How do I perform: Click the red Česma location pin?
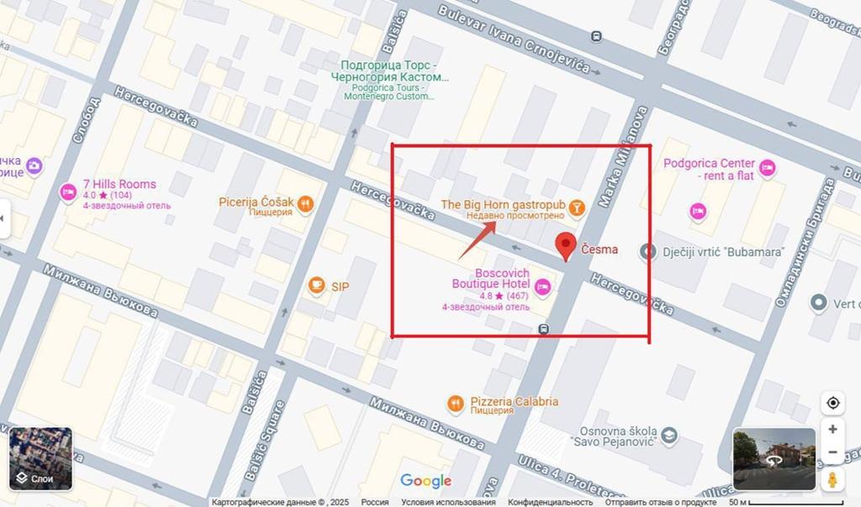pyautogui.click(x=568, y=246)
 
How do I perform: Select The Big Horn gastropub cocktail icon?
pyautogui.click(x=577, y=205)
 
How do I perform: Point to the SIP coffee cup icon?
pyautogui.click(x=316, y=286)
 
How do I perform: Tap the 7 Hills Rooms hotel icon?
pyautogui.click(x=68, y=193)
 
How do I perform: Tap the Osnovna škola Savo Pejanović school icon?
pyautogui.click(x=669, y=436)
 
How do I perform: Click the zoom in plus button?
pyautogui.click(x=832, y=429)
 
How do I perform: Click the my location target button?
pyautogui.click(x=832, y=403)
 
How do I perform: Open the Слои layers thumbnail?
pyautogui.click(x=40, y=458)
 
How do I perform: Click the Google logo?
pyautogui.click(x=425, y=481)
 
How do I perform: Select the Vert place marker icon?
pyautogui.click(x=819, y=302)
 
